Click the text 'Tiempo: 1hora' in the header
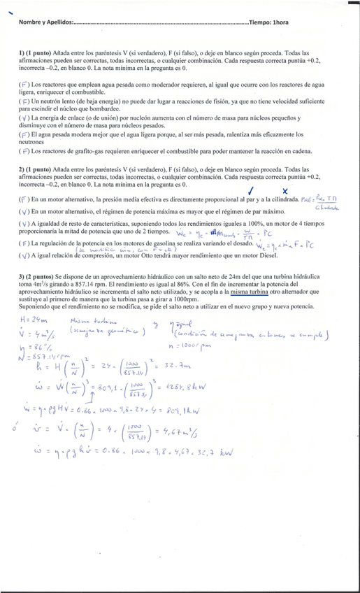click(x=268, y=22)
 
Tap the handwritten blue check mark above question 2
click(x=251, y=190)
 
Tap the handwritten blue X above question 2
click(x=285, y=190)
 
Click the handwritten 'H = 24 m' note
click(x=31, y=319)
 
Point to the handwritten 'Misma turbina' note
click(x=89, y=320)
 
